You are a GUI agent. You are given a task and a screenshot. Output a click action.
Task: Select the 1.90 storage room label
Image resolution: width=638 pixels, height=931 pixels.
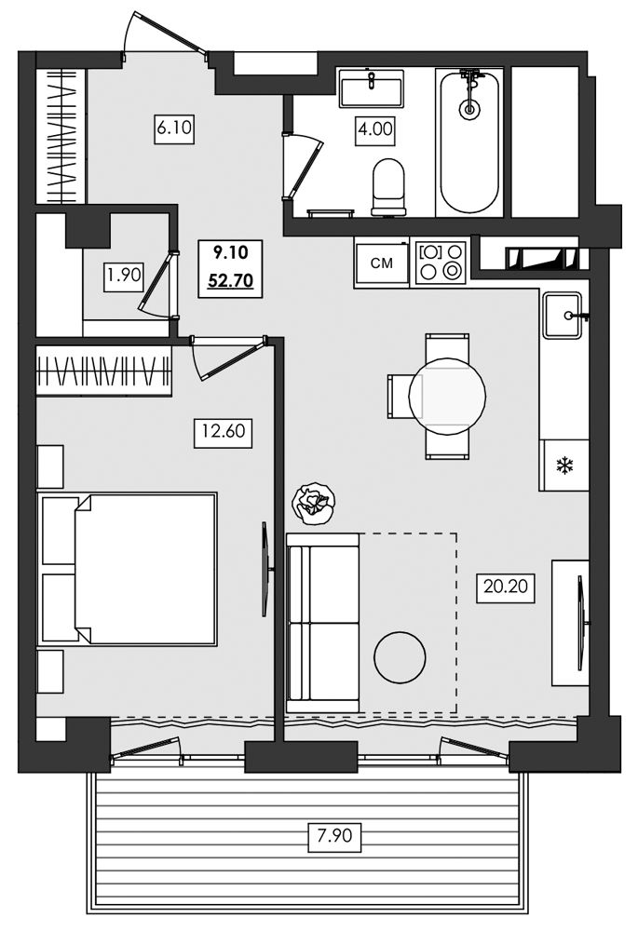pyautogui.click(x=124, y=275)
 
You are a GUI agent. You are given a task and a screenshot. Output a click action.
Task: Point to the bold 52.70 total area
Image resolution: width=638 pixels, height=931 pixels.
pyautogui.click(x=230, y=280)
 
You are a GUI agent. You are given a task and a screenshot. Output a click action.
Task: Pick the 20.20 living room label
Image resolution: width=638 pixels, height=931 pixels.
pyautogui.click(x=506, y=587)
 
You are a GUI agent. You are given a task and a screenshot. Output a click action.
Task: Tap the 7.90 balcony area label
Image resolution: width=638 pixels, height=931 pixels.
pyautogui.click(x=334, y=836)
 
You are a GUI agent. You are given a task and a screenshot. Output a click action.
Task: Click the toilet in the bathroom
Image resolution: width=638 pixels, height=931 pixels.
pyautogui.click(x=388, y=186)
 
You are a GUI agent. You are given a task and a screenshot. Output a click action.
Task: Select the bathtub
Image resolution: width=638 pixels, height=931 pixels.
pyautogui.click(x=470, y=142)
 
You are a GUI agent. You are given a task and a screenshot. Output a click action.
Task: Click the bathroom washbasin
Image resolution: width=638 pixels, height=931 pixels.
pyautogui.click(x=372, y=88)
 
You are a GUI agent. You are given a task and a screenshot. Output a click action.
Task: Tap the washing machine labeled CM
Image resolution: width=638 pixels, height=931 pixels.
pyautogui.click(x=381, y=263)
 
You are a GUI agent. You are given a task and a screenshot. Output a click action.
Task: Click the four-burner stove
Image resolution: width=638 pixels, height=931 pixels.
pyautogui.click(x=441, y=263)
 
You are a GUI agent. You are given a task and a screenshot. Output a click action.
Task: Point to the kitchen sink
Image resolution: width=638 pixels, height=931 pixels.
pyautogui.click(x=562, y=316)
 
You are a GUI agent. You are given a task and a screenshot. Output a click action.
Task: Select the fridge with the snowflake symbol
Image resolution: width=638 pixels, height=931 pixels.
pyautogui.click(x=563, y=465)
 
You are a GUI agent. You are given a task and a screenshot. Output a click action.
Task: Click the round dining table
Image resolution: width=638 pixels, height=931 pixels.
pyautogui.click(x=447, y=395)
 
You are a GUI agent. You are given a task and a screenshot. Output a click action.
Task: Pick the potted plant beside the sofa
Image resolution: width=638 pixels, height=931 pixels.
pyautogui.click(x=311, y=504)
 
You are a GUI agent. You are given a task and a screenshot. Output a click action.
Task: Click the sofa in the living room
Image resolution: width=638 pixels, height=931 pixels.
pyautogui.click(x=322, y=623)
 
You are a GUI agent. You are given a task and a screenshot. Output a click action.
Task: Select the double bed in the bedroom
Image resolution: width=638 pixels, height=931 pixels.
pyautogui.click(x=128, y=568)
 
